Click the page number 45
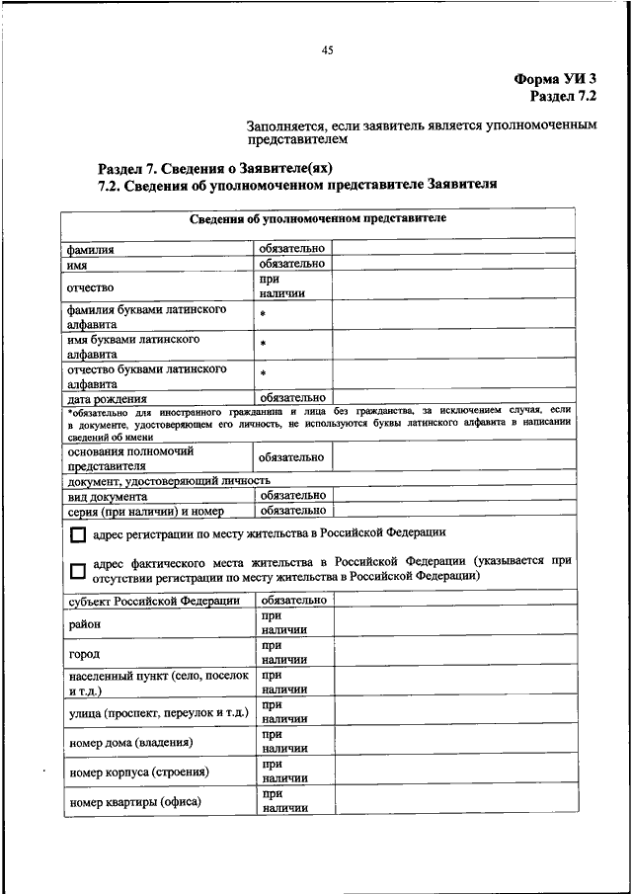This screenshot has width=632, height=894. pos(327,50)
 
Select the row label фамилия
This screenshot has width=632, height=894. pos(91,250)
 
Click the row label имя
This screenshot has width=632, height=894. pos(79,265)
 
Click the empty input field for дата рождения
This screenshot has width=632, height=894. pos(452,397)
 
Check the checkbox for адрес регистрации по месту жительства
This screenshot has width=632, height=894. pos(77,536)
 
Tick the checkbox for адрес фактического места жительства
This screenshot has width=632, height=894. pos(77,571)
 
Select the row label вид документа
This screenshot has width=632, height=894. pos(108,497)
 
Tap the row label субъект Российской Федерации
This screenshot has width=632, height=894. pos(153,601)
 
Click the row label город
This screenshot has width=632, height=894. pos(83,654)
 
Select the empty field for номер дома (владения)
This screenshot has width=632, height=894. pos(452,742)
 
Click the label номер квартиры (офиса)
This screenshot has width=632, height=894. pos(134,801)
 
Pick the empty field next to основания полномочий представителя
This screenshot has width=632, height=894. pos(452,457)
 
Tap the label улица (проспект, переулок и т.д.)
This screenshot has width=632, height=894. pos(157,712)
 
